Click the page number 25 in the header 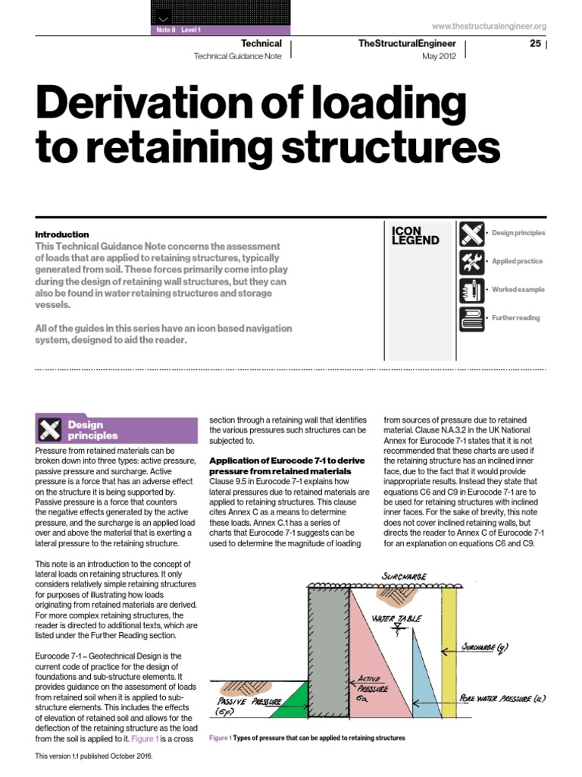[535, 43]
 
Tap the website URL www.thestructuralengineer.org [488, 26]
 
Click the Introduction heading [62, 234]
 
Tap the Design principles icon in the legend [471, 233]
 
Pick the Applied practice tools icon [471, 261]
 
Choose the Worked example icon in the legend [471, 290]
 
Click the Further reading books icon [471, 318]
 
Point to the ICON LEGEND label [415, 235]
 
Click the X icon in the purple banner [48, 430]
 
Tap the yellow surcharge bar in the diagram [449, 653]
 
